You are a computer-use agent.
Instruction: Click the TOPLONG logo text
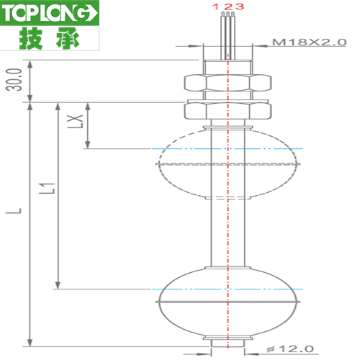click(x=50, y=13)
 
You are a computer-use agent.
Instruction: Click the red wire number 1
click(x=216, y=6)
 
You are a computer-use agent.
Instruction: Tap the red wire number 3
click(x=239, y=6)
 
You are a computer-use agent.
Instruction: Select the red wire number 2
click(x=228, y=6)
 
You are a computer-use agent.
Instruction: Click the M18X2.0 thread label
click(x=310, y=42)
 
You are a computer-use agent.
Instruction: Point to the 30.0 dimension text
click(x=14, y=80)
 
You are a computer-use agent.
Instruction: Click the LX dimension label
click(x=75, y=122)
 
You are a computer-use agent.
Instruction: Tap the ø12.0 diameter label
click(x=290, y=348)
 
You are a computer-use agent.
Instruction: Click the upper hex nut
click(x=228, y=83)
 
